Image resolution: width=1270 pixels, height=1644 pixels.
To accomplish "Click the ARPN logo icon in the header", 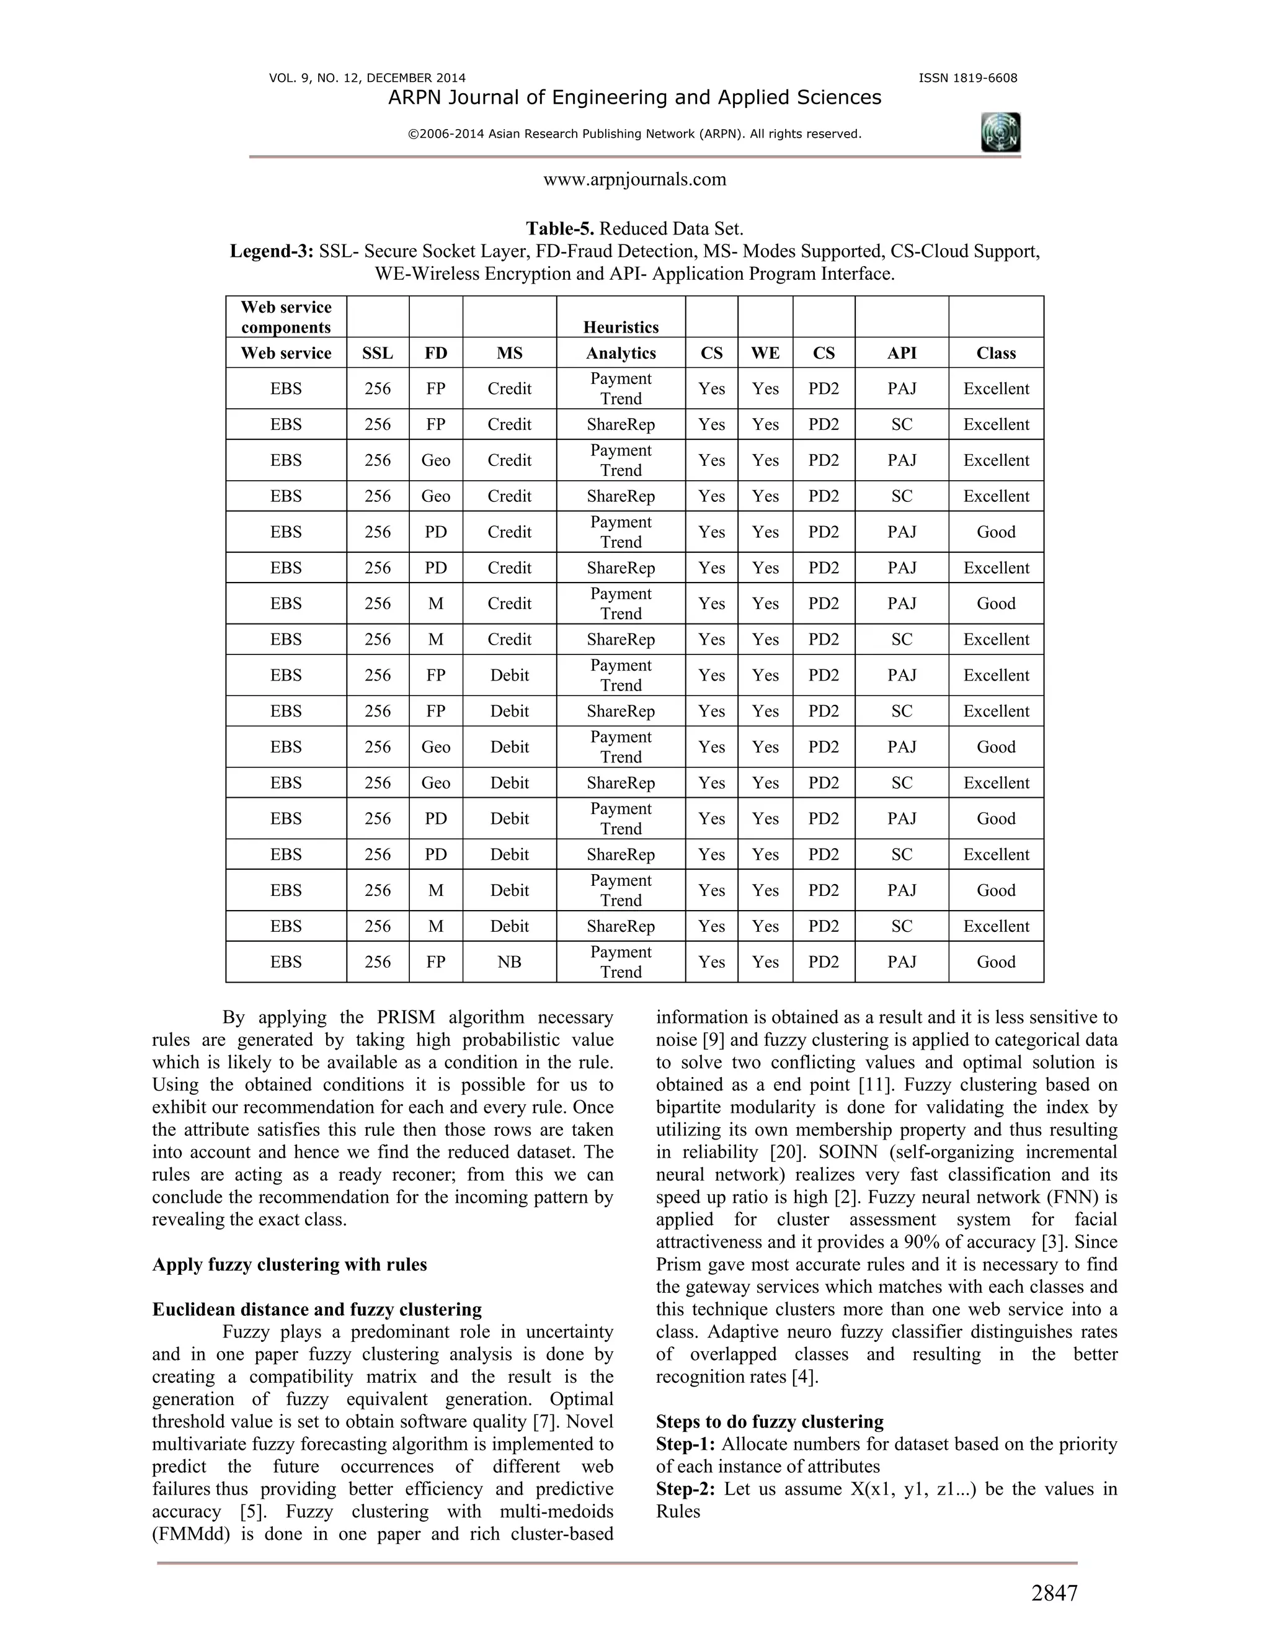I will pyautogui.click(x=1001, y=133).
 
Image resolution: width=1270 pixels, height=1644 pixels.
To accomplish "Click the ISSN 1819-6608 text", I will pyautogui.click(x=967, y=78).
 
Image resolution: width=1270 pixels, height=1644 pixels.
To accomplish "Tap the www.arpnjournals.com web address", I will pyautogui.click(x=634, y=179).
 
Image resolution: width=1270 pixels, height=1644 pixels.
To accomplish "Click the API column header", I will pyautogui.click(x=901, y=353).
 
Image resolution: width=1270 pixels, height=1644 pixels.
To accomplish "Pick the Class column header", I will pyautogui.click(x=995, y=353).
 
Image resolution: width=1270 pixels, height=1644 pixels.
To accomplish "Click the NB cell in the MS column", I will pyautogui.click(x=509, y=962).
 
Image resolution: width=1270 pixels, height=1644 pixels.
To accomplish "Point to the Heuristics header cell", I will pyautogui.click(x=621, y=327).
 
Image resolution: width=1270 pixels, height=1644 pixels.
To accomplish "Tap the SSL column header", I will pyautogui.click(x=378, y=353).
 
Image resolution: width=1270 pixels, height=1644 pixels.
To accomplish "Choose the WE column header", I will pyautogui.click(x=765, y=353).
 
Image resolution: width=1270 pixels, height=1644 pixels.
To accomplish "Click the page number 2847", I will pyautogui.click(x=1054, y=1593).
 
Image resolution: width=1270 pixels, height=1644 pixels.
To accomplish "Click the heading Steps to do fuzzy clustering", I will pyautogui.click(x=770, y=1422).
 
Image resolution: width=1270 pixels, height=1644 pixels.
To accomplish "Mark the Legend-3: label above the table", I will pyautogui.click(x=272, y=251).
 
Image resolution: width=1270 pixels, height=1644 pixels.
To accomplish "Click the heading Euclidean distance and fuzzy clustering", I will pyautogui.click(x=317, y=1310).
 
